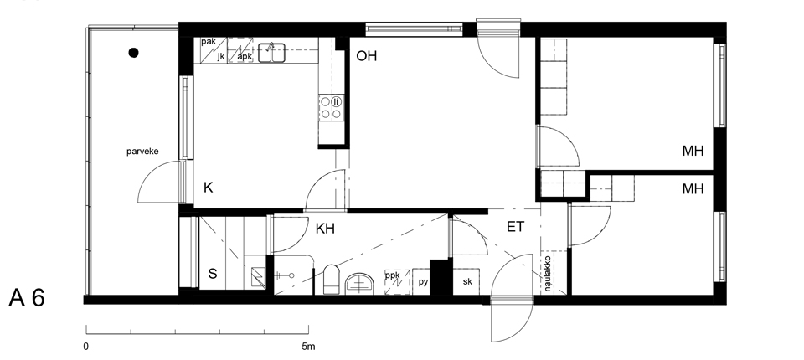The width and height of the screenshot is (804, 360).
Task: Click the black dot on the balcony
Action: (x=133, y=52)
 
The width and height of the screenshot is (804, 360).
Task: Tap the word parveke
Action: (x=142, y=152)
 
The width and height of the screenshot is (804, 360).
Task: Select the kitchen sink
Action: (x=271, y=53)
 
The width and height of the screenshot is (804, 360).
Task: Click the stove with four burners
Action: (x=332, y=107)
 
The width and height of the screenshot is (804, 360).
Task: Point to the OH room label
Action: (x=367, y=56)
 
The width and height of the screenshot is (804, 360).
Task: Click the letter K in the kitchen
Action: (x=208, y=188)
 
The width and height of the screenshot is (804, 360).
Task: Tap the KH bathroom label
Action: (x=325, y=229)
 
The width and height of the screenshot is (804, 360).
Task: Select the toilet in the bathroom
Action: (x=332, y=280)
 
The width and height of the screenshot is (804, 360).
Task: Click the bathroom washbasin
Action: (x=359, y=284)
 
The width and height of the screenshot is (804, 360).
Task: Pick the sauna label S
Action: (x=212, y=274)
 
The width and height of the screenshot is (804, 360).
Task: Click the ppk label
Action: (x=392, y=275)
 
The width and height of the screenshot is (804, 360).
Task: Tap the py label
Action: (x=423, y=282)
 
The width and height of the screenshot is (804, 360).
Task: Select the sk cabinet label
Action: (x=467, y=281)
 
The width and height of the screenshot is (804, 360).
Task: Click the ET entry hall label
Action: (x=515, y=227)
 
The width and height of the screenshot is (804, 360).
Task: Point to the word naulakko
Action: (x=547, y=273)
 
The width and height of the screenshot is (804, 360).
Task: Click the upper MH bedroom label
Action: (x=693, y=151)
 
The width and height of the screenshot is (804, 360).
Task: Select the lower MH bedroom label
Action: (x=693, y=189)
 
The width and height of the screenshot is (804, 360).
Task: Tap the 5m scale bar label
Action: (x=308, y=347)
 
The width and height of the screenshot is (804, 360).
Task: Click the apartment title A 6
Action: (x=27, y=298)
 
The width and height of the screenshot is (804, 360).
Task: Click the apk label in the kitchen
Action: (x=245, y=56)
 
